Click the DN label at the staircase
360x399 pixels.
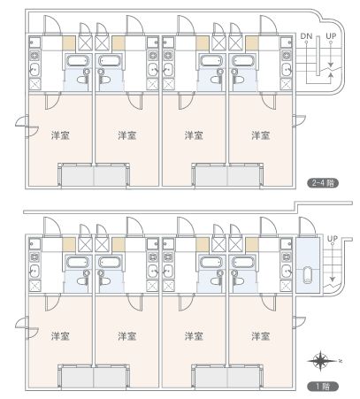pos(306,36)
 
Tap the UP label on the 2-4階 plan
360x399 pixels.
pos(331,36)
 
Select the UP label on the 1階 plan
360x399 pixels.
pos(332,238)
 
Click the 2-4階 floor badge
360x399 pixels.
pos(323,183)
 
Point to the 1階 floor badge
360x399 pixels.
pos(323,386)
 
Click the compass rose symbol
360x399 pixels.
pos(321,360)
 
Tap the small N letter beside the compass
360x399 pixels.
pos(341,360)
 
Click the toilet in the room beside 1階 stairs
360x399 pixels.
pos(308,275)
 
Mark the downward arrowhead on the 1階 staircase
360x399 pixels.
pos(333,279)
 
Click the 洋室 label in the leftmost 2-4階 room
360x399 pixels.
pos(60,135)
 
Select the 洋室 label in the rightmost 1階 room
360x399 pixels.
pos(261,336)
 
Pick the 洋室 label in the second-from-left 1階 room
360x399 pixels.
pos(127,336)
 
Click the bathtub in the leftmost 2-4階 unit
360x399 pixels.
pos(78,61)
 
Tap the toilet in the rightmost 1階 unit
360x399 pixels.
pos(239,280)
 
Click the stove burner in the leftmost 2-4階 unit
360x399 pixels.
pos(34,56)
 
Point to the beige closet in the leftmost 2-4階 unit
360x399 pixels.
pos(69,43)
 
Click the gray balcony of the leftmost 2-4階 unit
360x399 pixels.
pos(77,176)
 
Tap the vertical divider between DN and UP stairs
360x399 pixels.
pos(318,56)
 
